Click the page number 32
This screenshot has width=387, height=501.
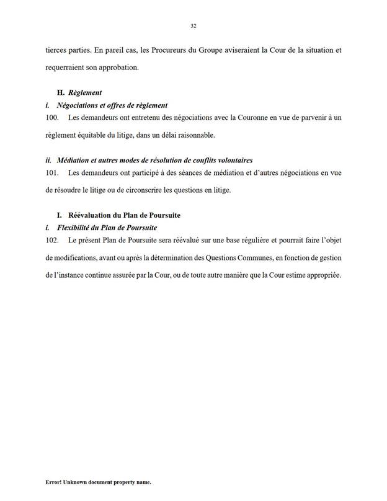pos(193,26)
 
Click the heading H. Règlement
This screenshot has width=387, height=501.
pos(79,92)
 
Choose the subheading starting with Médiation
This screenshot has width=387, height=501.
pos(149,161)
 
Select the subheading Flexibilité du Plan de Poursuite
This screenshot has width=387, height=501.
pos(104,228)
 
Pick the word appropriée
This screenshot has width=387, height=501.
pos(322,274)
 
